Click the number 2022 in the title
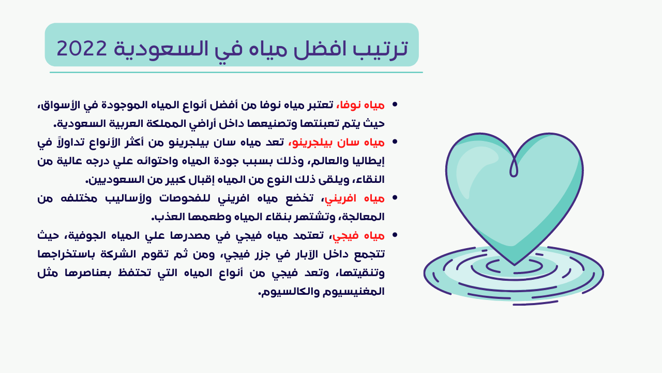pyautogui.click(x=82, y=48)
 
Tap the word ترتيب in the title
pyautogui.click(x=380, y=49)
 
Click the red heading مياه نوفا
pyautogui.click(x=361, y=105)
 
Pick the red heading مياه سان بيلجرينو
pyautogui.click(x=337, y=142)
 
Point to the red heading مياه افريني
pyautogui.click(x=355, y=198)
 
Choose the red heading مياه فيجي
pyautogui.click(x=359, y=236)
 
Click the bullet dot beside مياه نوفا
pyautogui.click(x=395, y=105)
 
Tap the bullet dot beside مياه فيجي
pyautogui.click(x=395, y=235)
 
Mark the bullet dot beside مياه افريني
pyautogui.click(x=395, y=198)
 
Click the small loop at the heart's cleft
pyautogui.click(x=514, y=167)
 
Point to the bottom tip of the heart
pyautogui.click(x=515, y=265)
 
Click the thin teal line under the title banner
pyautogui.click(x=236, y=72)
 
